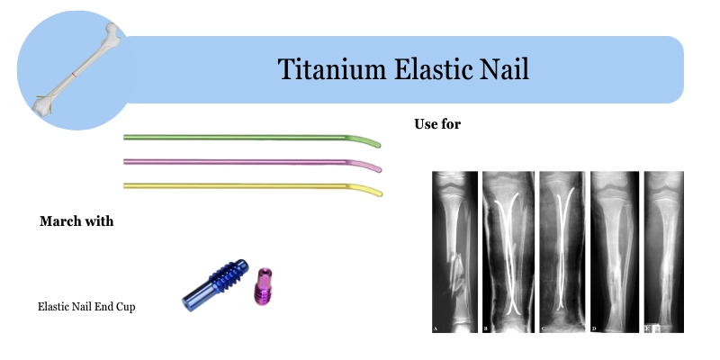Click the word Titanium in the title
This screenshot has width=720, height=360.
tap(331, 69)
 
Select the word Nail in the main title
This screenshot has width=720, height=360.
tap(505, 69)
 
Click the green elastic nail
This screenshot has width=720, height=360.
tap(252, 139)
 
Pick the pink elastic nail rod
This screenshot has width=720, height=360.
tap(252, 162)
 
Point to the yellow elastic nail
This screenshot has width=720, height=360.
tap(252, 186)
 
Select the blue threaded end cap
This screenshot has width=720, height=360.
tap(215, 285)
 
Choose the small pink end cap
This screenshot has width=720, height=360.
tap(263, 286)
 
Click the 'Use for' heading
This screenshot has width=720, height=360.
tap(437, 124)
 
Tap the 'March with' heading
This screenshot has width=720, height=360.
tap(76, 221)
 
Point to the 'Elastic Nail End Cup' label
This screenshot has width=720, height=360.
tap(86, 307)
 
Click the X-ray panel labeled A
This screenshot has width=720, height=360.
tap(454, 252)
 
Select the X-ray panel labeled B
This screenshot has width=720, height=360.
tap(508, 252)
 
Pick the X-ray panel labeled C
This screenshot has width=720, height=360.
tap(562, 252)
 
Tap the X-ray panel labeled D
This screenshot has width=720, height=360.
tap(615, 252)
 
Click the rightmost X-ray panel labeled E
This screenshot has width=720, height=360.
tap(664, 252)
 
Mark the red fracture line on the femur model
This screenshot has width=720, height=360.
tap(74, 75)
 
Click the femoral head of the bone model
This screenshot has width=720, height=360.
tap(112, 30)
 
